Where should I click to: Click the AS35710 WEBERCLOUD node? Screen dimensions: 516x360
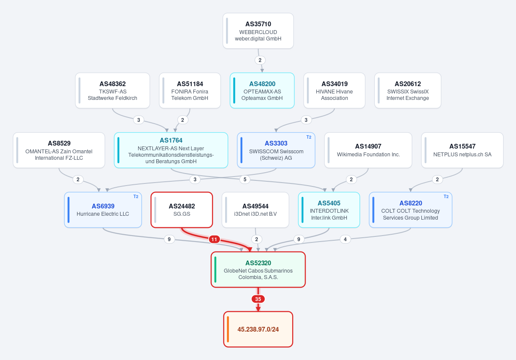coord(258,31)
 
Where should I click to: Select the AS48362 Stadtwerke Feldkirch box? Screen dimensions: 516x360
coord(113,90)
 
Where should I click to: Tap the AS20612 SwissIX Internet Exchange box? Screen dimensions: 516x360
coord(408,90)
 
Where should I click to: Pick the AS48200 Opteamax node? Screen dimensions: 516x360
coord(262,90)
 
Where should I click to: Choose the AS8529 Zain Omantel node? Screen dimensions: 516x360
coord(59,150)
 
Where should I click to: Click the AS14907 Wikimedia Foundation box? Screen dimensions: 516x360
coord(368,150)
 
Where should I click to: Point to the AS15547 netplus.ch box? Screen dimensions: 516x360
coord(462,150)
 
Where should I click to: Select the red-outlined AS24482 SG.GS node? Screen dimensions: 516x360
coord(182,210)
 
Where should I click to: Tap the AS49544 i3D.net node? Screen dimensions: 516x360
coord(255,210)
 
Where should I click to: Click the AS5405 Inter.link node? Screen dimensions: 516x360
coord(329,210)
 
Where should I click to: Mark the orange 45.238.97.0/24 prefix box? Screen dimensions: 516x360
coord(258,329)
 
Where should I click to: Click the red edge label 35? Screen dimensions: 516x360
coord(258,299)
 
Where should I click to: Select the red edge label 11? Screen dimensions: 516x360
coord(214,239)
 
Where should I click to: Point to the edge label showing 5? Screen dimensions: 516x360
coord(244,180)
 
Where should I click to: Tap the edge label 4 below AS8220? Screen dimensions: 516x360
coord(345,239)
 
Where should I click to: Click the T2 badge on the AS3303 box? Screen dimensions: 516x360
coord(309,137)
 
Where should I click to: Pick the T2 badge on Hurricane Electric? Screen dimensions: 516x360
coord(136,197)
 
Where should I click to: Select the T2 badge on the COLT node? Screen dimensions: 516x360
coord(446,197)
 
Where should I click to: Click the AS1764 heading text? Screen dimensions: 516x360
coord(171,140)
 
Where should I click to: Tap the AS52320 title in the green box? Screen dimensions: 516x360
coord(258,263)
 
